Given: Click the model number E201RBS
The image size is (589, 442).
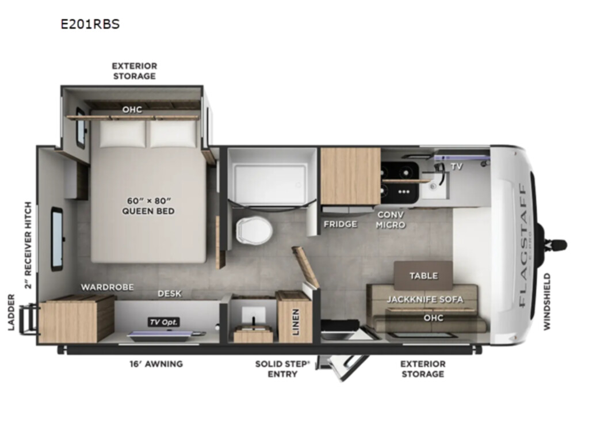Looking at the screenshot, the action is tap(90, 24).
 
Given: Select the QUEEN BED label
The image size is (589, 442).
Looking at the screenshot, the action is tap(148, 211).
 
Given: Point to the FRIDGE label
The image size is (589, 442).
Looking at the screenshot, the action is tap(341, 224).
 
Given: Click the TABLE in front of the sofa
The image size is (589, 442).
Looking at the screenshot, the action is tap(423, 276).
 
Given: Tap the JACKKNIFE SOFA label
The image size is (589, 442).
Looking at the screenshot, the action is tap(425, 299).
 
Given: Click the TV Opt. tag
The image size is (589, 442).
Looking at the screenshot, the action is tap(163, 322).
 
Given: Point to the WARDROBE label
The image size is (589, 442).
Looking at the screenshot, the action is tap(108, 288).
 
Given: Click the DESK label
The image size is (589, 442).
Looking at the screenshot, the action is tap(170, 294).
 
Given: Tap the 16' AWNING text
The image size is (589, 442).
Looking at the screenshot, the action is tap(156, 364).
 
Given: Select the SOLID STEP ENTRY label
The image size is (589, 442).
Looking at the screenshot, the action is tap(282, 369).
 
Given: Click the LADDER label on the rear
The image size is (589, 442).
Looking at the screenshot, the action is tap(12, 313).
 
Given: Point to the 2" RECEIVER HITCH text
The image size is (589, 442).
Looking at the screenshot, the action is tap(28, 245).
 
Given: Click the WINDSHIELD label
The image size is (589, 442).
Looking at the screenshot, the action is tap(546, 302).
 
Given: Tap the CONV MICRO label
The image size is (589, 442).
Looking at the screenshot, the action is tap(391, 220).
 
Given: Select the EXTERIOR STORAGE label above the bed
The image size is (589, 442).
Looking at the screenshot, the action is tap(135, 71).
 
